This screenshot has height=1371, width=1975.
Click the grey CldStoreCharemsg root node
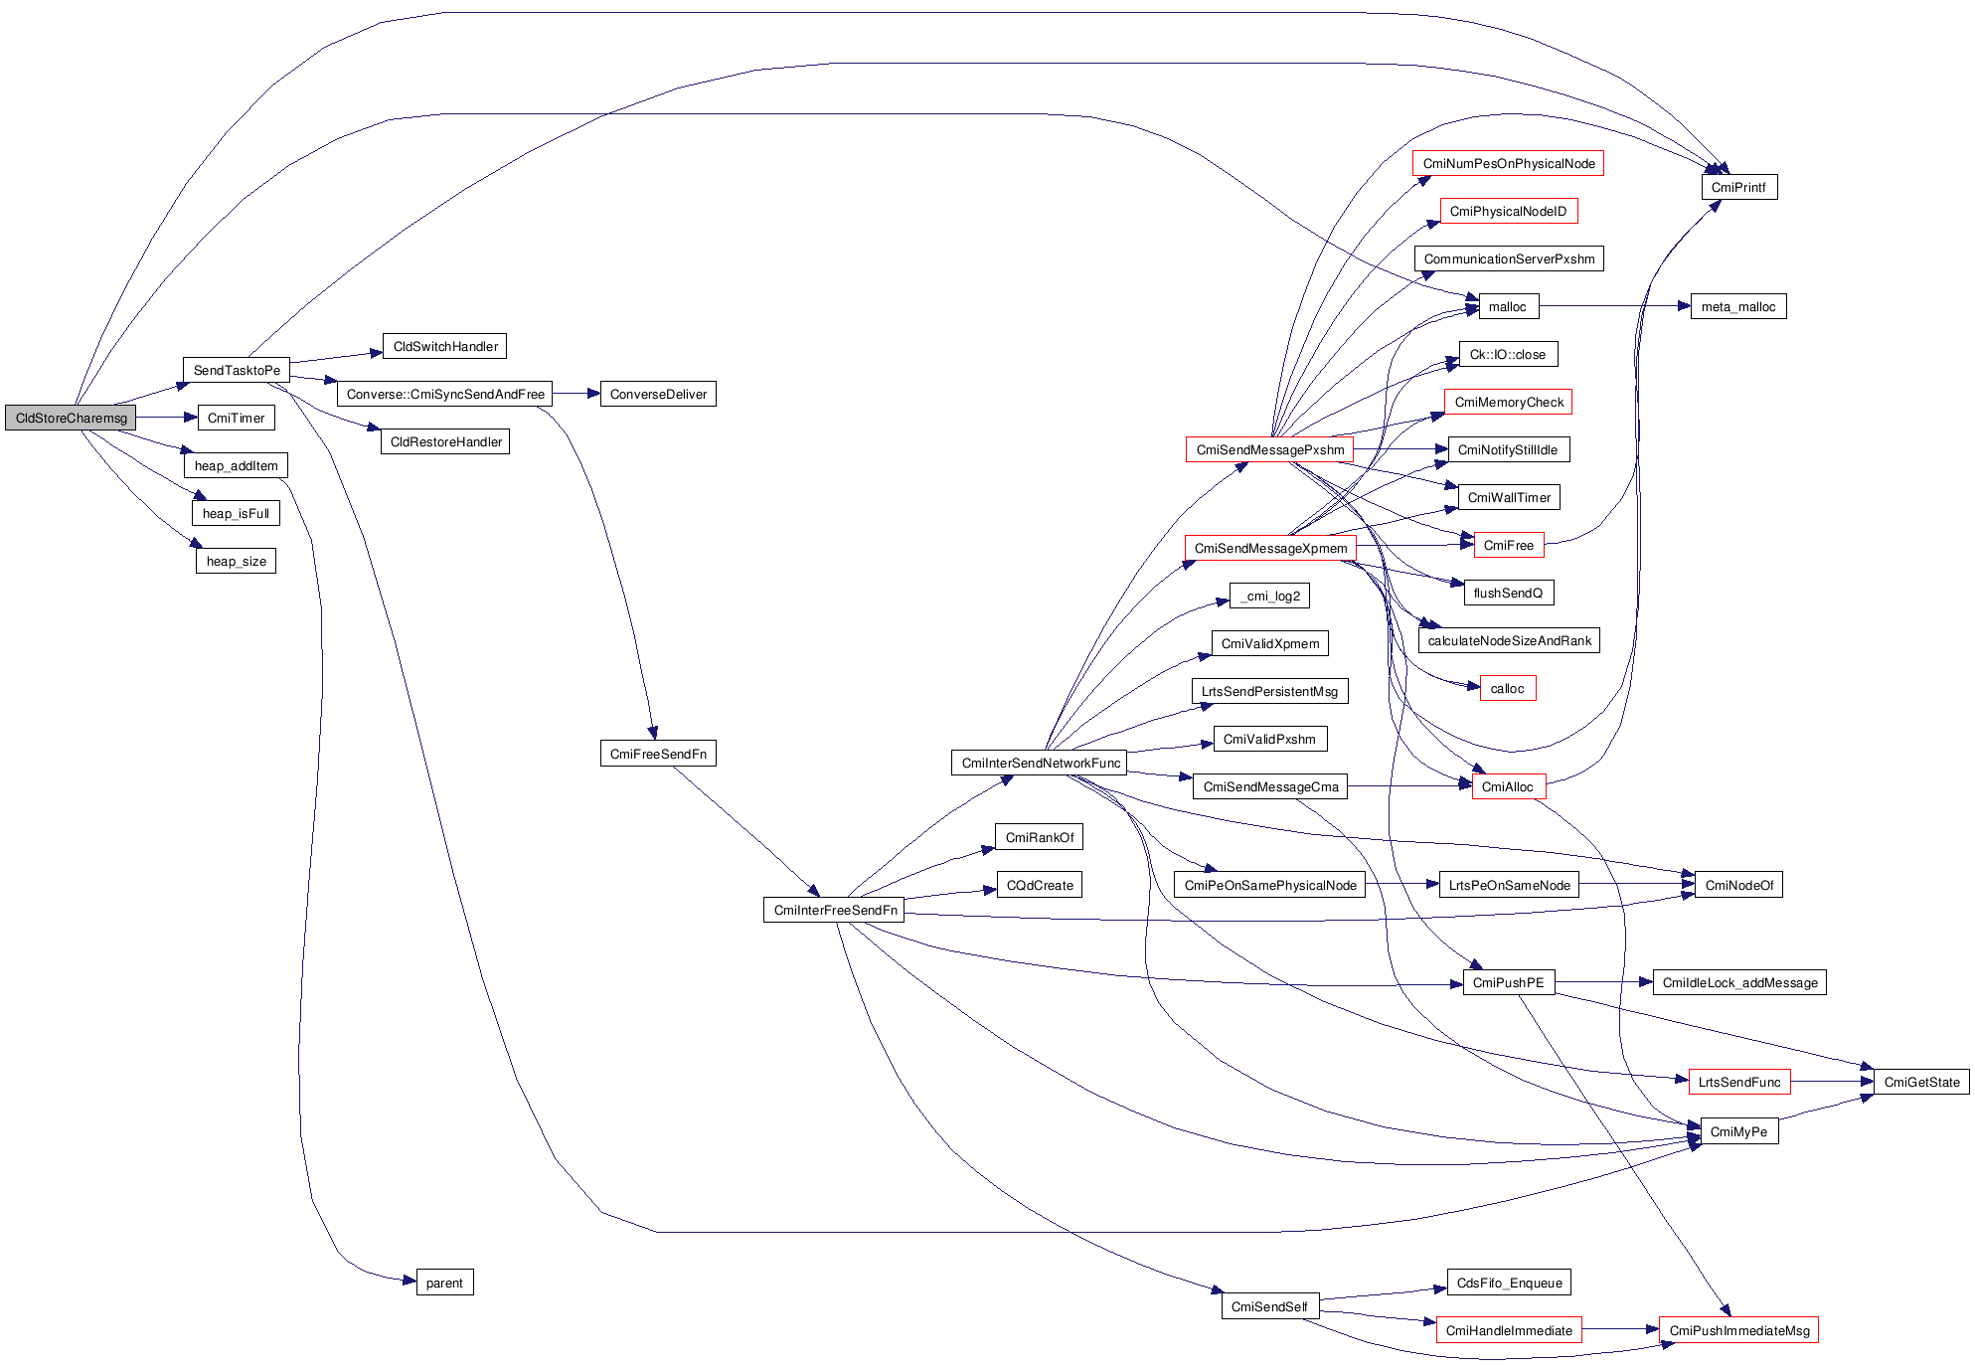point(71,419)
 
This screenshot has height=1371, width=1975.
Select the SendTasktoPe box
point(237,371)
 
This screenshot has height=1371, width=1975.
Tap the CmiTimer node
point(236,419)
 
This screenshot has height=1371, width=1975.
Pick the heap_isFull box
point(236,514)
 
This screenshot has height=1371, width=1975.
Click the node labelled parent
point(444,1284)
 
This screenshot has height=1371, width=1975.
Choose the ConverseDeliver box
point(658,395)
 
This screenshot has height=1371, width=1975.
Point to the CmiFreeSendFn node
point(658,755)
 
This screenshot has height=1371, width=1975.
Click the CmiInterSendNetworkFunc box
point(1040,764)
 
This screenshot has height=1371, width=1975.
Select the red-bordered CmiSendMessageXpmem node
point(1270,549)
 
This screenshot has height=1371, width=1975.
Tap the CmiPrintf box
point(1738,188)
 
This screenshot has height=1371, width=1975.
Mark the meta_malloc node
point(1737,307)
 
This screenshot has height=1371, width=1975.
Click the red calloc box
point(1507,689)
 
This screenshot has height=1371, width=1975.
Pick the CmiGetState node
point(1921,1083)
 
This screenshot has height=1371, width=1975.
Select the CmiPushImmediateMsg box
point(1738,1331)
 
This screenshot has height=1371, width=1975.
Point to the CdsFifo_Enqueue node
point(1509,1284)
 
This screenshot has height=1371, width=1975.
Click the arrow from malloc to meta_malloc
point(1614,307)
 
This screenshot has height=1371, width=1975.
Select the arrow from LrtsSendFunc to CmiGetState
point(1832,1082)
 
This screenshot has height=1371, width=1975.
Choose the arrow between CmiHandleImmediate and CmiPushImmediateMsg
point(1620,1330)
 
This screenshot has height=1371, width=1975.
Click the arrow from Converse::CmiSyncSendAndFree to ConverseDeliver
point(576,395)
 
